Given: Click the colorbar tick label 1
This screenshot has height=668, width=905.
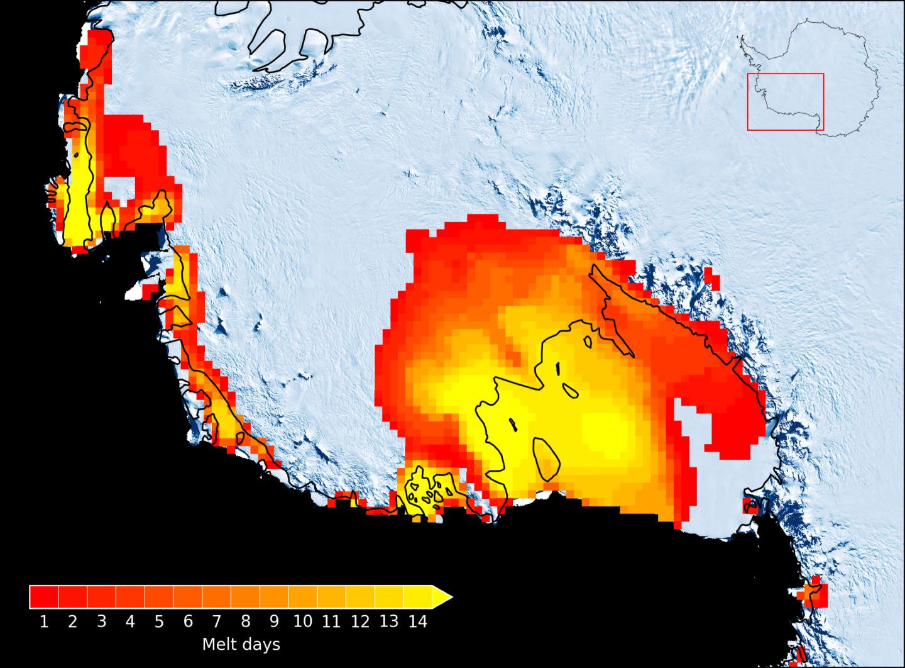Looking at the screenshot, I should pyautogui.click(x=44, y=622).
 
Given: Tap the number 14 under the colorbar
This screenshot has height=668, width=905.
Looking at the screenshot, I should pyautogui.click(x=417, y=622).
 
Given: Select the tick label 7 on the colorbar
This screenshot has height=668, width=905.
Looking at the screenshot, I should pyautogui.click(x=216, y=622).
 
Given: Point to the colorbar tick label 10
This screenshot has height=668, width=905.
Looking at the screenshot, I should pyautogui.click(x=302, y=622).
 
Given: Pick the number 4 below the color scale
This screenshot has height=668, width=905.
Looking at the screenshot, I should pyautogui.click(x=130, y=622).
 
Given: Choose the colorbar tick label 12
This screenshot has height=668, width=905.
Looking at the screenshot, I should pyautogui.click(x=360, y=622).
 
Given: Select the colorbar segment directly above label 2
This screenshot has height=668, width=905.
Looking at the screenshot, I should pyautogui.click(x=73, y=597).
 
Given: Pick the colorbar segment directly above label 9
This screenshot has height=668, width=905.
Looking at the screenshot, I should pyautogui.click(x=274, y=597).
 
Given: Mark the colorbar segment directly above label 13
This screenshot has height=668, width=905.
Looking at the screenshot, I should pyautogui.click(x=389, y=597).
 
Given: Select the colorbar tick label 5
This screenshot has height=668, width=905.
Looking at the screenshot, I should pyautogui.click(x=159, y=622).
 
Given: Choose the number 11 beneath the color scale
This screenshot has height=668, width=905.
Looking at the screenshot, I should pyautogui.click(x=331, y=622).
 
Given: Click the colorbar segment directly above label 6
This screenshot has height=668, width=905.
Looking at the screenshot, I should pyautogui.click(x=188, y=597).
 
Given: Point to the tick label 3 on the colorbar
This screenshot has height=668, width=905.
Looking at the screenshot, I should pyautogui.click(x=101, y=622).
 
